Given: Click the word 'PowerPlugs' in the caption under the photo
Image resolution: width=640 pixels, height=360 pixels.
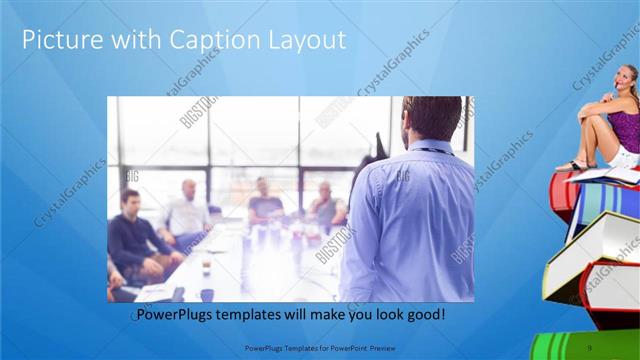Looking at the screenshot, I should tap(178, 315).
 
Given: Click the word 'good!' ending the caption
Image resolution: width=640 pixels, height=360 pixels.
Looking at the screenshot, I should tap(424, 315).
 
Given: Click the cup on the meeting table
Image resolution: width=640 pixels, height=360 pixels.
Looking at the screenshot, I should tap(205, 268).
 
